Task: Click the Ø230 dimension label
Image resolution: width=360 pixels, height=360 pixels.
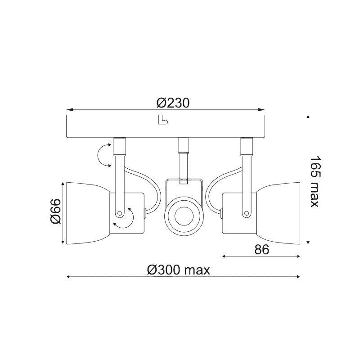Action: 173,103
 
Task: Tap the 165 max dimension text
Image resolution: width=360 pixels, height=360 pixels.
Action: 315,182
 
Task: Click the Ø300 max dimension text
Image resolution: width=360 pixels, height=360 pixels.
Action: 179,270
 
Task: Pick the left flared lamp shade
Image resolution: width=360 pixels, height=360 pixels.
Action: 88,213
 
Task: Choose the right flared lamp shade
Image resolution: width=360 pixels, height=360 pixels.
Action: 278,213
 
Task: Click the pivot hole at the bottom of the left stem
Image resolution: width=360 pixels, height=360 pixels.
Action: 120,212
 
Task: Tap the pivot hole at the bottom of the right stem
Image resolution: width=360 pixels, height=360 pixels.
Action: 246,212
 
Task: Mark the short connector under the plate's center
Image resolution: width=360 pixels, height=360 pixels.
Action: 183,145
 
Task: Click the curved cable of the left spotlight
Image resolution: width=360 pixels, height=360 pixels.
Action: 151,184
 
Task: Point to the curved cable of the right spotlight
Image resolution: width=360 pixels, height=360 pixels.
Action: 215,184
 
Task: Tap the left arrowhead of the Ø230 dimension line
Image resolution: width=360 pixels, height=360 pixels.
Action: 69,110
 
